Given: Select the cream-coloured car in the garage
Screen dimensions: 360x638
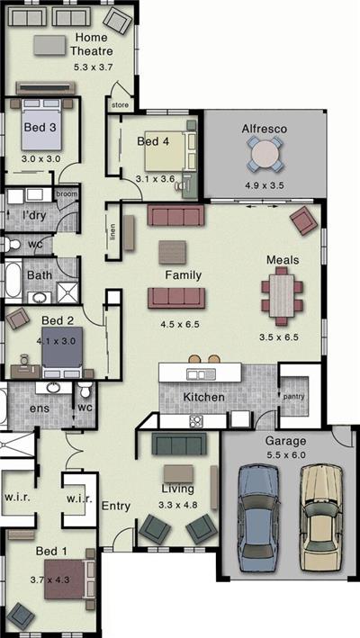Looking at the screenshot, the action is pyautogui.click(x=319, y=519).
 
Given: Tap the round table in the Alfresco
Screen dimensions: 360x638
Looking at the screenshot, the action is pyautogui.click(x=265, y=154).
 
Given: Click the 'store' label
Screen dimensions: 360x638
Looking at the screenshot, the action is pyautogui.click(x=120, y=105).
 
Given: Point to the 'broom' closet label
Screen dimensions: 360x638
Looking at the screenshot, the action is pyautogui.click(x=67, y=194).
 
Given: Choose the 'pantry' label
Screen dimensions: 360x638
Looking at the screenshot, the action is pyautogui.click(x=294, y=397).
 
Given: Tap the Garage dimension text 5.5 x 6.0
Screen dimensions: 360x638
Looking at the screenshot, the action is pyautogui.click(x=286, y=455).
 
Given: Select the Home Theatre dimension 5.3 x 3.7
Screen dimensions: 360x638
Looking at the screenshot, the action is pyautogui.click(x=93, y=67).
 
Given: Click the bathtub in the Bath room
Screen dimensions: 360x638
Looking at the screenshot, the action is pyautogui.click(x=13, y=281).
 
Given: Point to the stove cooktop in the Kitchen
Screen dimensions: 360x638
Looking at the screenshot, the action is pyautogui.click(x=195, y=421).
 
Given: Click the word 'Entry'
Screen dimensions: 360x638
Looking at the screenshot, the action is pyautogui.click(x=116, y=506).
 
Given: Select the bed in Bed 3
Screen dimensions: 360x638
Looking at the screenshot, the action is pyautogui.click(x=40, y=124).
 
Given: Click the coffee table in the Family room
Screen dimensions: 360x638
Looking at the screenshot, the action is pyautogui.click(x=172, y=252).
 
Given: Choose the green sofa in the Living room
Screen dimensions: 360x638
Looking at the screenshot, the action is pyautogui.click(x=179, y=444).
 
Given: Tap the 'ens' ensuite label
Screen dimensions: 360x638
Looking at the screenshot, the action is pyautogui.click(x=40, y=408).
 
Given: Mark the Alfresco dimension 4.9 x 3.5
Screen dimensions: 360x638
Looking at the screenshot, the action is pyautogui.click(x=264, y=185).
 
